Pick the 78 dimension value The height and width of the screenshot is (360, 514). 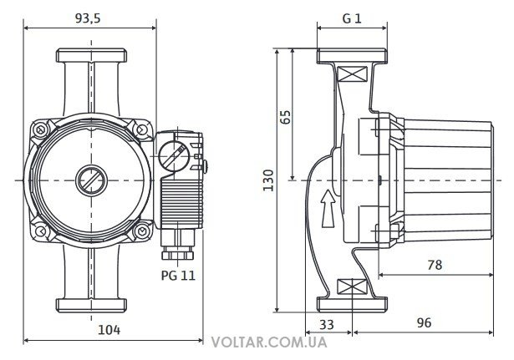pyautogui.click(x=433, y=264)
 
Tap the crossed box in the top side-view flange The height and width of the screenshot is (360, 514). pyautogui.click(x=351, y=74)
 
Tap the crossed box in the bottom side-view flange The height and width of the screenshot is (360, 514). pyautogui.click(x=351, y=286)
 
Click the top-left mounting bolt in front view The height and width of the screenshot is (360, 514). pyautogui.click(x=38, y=131)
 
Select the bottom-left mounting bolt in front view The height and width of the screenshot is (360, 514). pyautogui.click(x=38, y=230)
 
